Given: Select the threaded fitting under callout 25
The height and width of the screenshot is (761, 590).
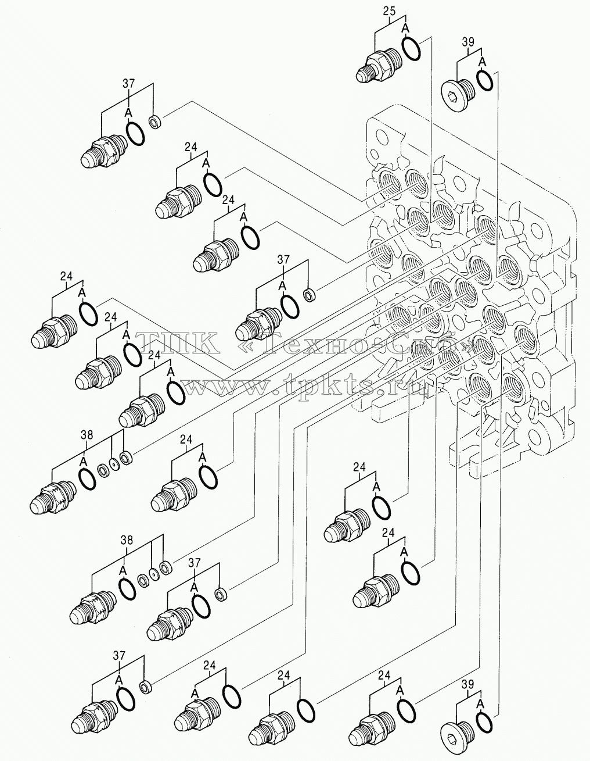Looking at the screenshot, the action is click(379, 66).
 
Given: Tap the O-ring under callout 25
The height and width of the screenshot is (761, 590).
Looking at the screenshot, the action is click(411, 48).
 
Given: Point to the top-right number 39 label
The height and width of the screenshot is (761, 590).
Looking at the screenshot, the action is click(468, 42).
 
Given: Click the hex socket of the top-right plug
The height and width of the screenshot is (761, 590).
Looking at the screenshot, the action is click(450, 95).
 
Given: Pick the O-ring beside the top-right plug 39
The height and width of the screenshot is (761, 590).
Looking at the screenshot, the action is click(484, 80).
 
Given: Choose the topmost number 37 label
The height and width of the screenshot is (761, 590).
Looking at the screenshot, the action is click(128, 84).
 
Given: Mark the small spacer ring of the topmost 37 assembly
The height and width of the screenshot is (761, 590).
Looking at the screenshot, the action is click(154, 122).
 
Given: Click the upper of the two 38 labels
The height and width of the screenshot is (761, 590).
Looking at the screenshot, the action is click(87, 435).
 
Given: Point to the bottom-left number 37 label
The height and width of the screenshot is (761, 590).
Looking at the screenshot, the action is click(119, 656).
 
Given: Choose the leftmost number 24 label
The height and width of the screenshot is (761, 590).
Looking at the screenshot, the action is click(66, 276).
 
